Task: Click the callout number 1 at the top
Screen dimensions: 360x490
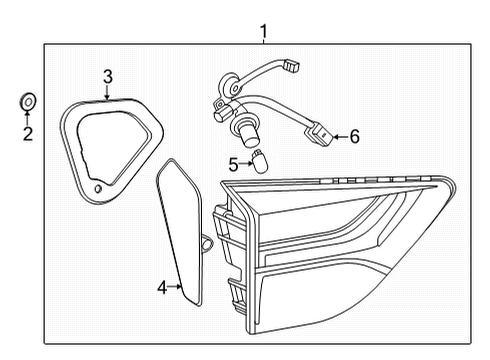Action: click(x=263, y=32)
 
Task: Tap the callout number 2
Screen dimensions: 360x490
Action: click(x=28, y=134)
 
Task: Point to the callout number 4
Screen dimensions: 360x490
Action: click(x=162, y=288)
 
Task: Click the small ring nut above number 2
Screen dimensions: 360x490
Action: click(x=28, y=100)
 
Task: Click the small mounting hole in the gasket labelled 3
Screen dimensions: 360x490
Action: click(x=97, y=188)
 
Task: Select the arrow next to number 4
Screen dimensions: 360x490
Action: click(x=177, y=288)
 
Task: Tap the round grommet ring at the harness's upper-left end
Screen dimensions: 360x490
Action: click(x=225, y=86)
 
